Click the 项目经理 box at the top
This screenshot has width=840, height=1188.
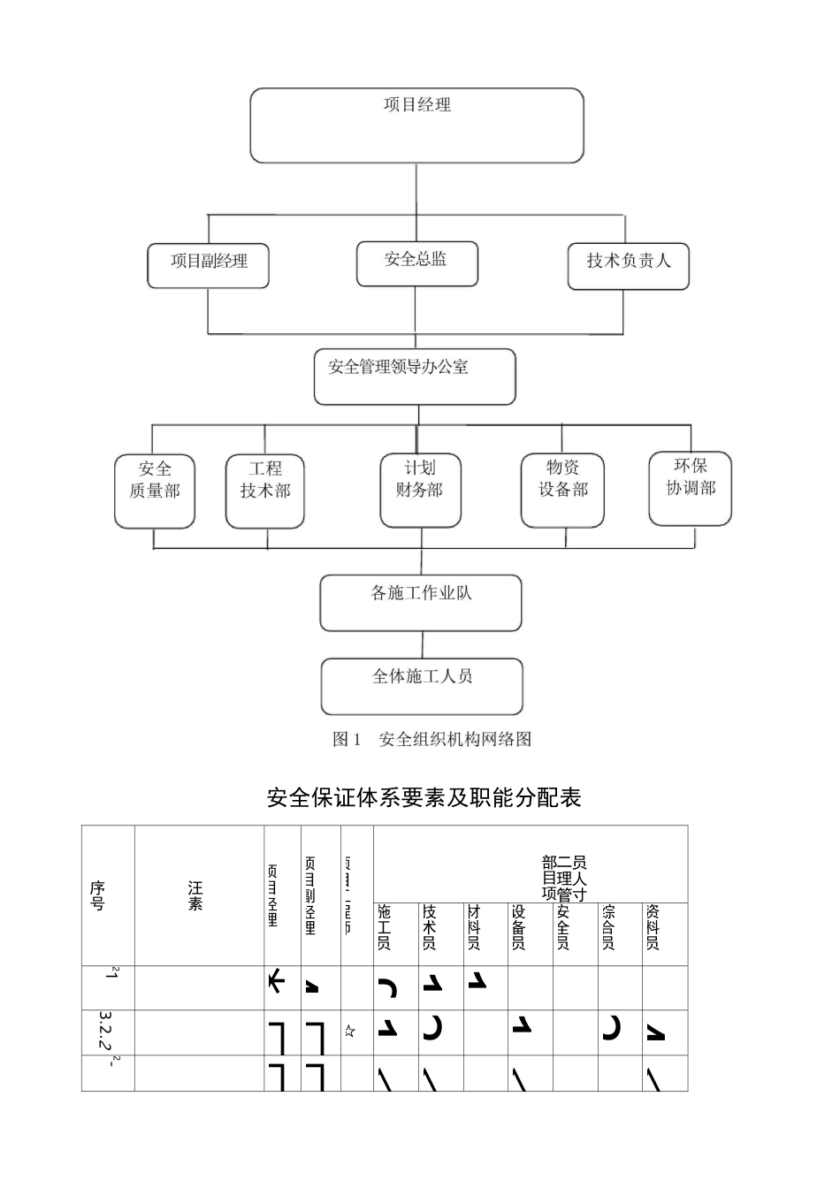click(x=416, y=125)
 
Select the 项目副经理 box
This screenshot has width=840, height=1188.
click(x=209, y=265)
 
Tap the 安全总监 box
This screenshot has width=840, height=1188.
click(x=416, y=263)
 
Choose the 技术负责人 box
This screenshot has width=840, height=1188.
click(x=628, y=266)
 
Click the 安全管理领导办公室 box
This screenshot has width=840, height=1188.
click(x=415, y=376)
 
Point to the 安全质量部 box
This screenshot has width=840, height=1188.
click(x=155, y=491)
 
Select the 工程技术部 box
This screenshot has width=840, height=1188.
click(x=265, y=491)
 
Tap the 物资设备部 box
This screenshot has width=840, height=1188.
click(x=562, y=490)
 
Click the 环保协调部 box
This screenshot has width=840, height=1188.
click(x=691, y=488)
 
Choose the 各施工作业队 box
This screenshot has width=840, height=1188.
click(x=421, y=603)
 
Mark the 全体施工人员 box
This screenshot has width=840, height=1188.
click(x=422, y=685)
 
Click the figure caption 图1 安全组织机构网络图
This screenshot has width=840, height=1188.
click(x=431, y=740)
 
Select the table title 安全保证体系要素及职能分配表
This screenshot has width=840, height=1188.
click(x=424, y=797)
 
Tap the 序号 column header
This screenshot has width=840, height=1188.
click(x=97, y=895)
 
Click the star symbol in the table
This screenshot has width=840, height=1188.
click(x=350, y=1031)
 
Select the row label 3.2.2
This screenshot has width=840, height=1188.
click(x=105, y=1032)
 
